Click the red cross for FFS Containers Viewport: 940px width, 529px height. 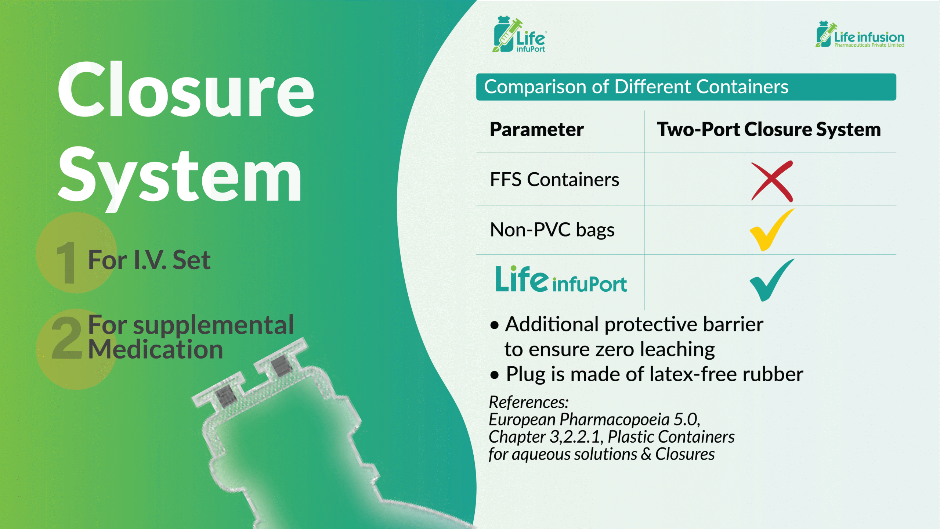772,181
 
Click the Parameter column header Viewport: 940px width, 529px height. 536,129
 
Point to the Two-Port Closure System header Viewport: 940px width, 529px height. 769,129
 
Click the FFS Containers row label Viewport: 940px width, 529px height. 554,180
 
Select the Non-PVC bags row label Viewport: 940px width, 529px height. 552,230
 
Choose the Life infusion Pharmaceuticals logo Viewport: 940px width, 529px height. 860,34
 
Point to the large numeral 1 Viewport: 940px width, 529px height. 66,262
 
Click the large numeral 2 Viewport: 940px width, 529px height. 67,338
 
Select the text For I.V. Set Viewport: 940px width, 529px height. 149,260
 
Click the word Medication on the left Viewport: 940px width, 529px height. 156,349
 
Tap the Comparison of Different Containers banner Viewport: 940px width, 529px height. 686,87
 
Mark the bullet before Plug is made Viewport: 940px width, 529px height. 495,375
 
